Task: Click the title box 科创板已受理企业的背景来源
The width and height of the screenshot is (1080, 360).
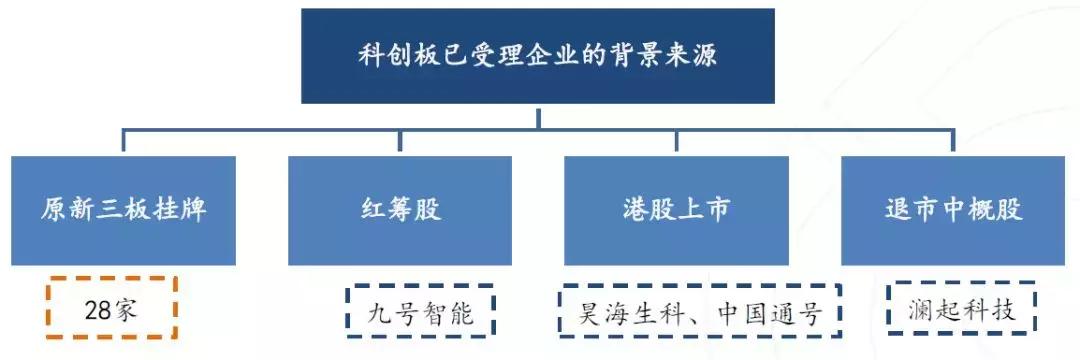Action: pos(538,56)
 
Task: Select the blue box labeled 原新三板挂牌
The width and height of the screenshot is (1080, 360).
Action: pos(125,210)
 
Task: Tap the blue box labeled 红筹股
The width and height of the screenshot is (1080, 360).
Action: pos(400,210)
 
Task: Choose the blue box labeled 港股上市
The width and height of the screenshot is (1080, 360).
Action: pos(676,210)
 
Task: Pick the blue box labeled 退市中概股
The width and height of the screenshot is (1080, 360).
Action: pos(953,210)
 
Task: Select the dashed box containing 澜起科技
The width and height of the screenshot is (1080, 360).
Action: pos(960,311)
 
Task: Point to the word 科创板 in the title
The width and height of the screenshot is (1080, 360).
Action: pos(394,56)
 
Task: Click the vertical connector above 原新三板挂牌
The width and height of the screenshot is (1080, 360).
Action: pos(125,142)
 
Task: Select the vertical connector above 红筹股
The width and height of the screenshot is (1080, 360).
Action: pos(400,142)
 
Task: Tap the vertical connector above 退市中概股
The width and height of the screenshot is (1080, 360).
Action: pos(953,142)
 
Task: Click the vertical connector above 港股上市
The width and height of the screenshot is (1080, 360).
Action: pos(676,142)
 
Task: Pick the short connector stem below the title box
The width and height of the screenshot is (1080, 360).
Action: pos(538,116)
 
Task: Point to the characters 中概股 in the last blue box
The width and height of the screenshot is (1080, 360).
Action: pos(980,210)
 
